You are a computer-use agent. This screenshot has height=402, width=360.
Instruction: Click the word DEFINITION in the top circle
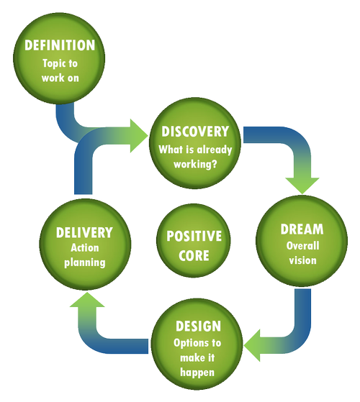(60, 45)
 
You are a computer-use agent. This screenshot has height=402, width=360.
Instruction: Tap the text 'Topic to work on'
(60, 69)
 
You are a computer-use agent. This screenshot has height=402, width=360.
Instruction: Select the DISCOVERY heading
(195, 132)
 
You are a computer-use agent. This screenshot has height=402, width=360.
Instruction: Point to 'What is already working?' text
(195, 156)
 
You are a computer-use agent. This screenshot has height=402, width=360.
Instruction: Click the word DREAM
(302, 230)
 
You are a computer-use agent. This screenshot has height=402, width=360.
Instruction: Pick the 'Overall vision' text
(302, 253)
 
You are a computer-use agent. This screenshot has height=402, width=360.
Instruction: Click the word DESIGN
(197, 326)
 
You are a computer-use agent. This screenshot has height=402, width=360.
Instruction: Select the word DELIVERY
(84, 232)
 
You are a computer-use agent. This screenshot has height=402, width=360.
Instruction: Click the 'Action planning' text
(84, 255)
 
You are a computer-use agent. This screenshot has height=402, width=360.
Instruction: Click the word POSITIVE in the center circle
(194, 237)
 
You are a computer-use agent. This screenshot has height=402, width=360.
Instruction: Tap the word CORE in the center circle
(194, 255)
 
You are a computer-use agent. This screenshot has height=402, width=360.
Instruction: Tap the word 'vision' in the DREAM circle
(302, 260)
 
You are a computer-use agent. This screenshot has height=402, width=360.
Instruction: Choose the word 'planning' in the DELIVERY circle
(84, 262)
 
